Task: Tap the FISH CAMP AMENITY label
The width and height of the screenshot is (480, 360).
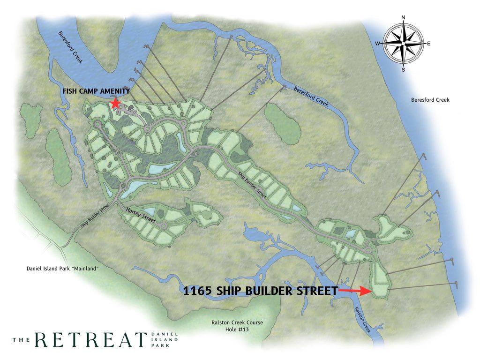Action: (96, 91)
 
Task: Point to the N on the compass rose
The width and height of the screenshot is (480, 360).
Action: (403, 18)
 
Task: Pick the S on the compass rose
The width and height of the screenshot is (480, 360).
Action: (403, 70)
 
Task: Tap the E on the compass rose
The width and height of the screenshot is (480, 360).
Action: (428, 44)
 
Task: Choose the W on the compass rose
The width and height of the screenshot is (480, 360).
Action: (377, 44)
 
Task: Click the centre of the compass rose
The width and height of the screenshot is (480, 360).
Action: (403, 44)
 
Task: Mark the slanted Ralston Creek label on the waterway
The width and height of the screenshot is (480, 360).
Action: (363, 319)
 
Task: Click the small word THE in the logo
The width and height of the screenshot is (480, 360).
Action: (22, 340)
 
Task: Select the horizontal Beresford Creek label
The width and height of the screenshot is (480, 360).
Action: (430, 100)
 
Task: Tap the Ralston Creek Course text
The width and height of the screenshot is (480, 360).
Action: (237, 322)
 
